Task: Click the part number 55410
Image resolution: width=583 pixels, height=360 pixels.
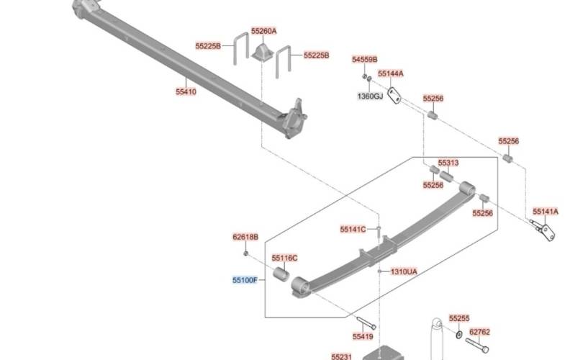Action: [x=186, y=92]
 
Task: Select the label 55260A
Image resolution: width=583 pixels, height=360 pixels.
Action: [x=264, y=32]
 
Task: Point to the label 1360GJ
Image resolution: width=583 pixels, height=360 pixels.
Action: [x=371, y=96]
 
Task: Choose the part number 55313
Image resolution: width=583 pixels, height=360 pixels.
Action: [x=448, y=163]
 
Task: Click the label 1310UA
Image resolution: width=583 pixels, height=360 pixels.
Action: [x=404, y=271]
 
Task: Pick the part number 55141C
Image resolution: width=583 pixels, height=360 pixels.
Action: [x=353, y=229]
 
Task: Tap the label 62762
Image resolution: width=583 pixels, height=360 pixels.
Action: [x=479, y=333]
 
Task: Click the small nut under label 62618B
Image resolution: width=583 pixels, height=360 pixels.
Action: [x=246, y=253]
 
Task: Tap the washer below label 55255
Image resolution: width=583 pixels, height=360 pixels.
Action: [x=458, y=333]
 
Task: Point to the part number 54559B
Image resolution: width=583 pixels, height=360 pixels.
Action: [x=365, y=60]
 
